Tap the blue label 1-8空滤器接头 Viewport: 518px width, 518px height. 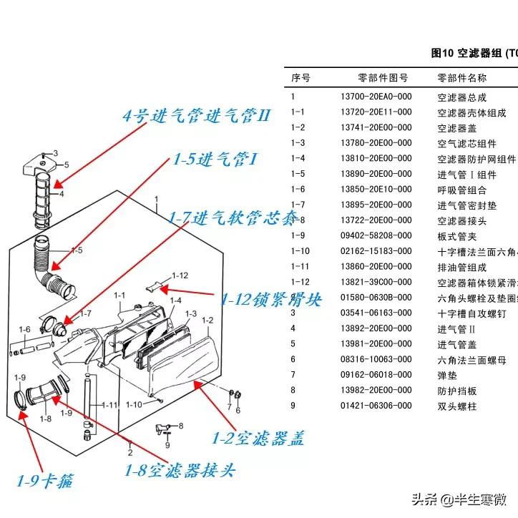[x=180, y=470]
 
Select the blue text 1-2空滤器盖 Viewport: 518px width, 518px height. [x=258, y=437]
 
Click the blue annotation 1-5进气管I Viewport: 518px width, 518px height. [x=215, y=159]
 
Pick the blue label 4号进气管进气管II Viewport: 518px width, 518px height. [x=196, y=115]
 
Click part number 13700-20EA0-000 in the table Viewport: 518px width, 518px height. [x=376, y=96]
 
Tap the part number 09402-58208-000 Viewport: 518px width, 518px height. [x=376, y=235]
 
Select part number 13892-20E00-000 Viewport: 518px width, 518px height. [x=376, y=328]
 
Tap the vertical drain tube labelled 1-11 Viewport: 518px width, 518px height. [x=88, y=401]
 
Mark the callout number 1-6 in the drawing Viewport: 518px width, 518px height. [x=26, y=329]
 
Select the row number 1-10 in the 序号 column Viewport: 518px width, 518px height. [x=300, y=251]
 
